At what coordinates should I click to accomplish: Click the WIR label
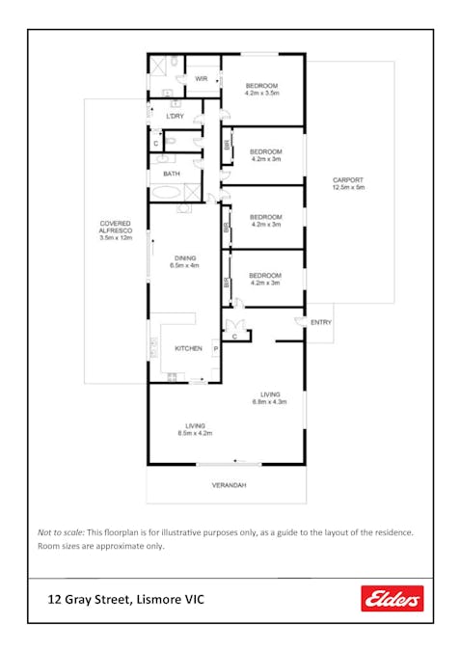[x=202, y=79]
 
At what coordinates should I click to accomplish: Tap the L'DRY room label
[x=175, y=117]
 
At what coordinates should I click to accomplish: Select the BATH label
[x=171, y=174]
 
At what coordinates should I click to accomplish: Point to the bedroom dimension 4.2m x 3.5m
[x=262, y=94]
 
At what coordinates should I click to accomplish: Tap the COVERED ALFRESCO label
[x=115, y=228]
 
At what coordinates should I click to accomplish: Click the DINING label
[x=184, y=258]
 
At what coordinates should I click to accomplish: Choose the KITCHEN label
[x=187, y=348]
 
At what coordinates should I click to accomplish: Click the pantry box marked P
[x=215, y=348]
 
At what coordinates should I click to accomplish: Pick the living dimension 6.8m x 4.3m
[x=269, y=401]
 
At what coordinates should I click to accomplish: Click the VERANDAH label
[x=229, y=485]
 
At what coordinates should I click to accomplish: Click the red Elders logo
[x=392, y=599]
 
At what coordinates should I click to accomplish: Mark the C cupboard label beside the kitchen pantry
[x=236, y=336]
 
